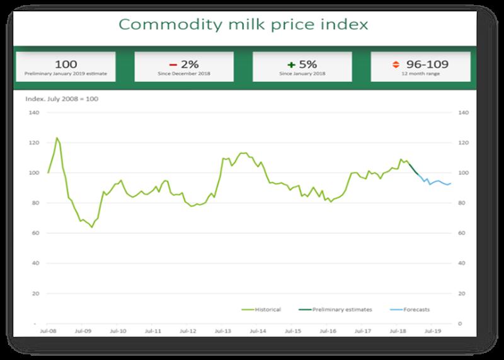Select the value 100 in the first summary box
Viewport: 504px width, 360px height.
click(x=66, y=64)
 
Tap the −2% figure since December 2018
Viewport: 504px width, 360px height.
click(x=184, y=64)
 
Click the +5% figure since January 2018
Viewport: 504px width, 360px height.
click(x=302, y=64)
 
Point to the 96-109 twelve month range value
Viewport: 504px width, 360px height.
click(x=427, y=64)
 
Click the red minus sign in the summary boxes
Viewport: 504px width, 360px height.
click(x=171, y=64)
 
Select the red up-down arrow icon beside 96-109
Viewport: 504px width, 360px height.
click(x=396, y=64)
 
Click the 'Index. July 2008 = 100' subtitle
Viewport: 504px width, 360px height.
click(x=62, y=100)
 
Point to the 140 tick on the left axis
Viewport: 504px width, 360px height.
click(x=34, y=113)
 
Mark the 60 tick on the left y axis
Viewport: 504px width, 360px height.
click(x=35, y=233)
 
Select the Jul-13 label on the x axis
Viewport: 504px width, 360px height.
click(x=222, y=330)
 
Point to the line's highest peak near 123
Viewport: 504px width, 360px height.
click(x=57, y=137)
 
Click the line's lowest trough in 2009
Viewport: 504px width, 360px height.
click(x=92, y=227)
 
